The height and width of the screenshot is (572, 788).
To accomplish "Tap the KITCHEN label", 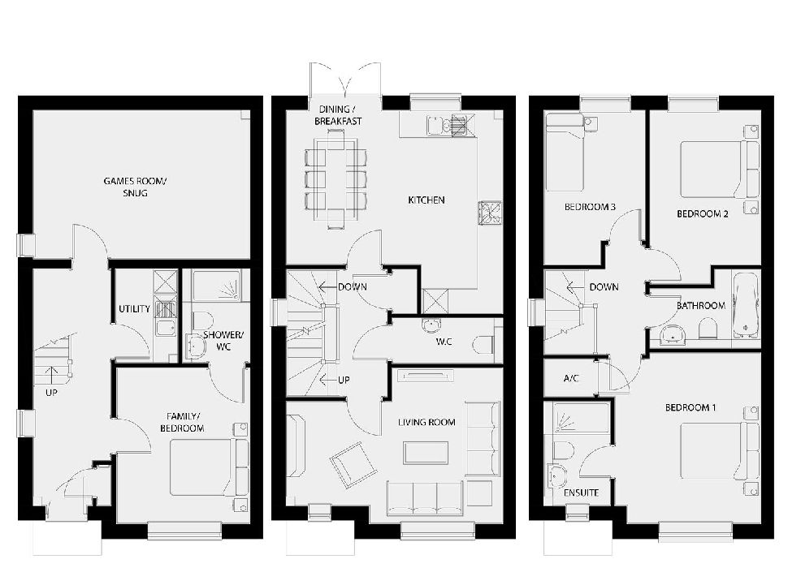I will click(x=426, y=200).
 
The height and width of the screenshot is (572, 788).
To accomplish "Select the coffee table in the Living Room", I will click(x=426, y=453).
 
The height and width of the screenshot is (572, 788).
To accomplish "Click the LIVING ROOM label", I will click(x=426, y=422).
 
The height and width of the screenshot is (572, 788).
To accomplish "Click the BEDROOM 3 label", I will click(x=590, y=208).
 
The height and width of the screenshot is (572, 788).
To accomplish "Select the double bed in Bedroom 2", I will click(x=712, y=170).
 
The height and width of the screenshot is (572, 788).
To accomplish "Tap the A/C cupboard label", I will click(x=571, y=379).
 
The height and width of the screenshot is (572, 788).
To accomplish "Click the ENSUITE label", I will click(x=580, y=492).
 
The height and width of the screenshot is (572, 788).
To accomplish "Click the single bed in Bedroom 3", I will click(x=565, y=152).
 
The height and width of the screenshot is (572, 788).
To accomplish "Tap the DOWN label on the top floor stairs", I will click(x=604, y=286).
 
